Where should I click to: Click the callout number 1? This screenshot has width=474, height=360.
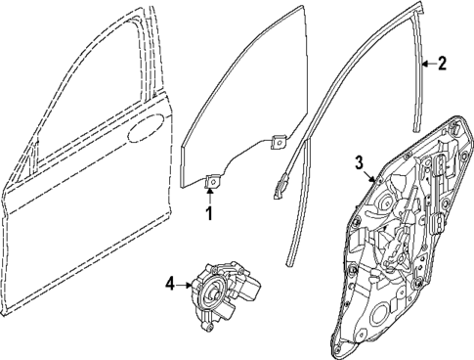209,209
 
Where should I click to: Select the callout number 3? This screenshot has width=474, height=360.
360,162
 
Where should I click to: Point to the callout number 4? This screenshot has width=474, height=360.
170,285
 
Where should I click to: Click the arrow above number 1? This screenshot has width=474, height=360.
209,191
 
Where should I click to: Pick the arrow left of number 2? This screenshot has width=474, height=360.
427,66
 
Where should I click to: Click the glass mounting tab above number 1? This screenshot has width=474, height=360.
210,179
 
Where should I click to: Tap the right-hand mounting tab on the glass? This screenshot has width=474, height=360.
278,141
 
